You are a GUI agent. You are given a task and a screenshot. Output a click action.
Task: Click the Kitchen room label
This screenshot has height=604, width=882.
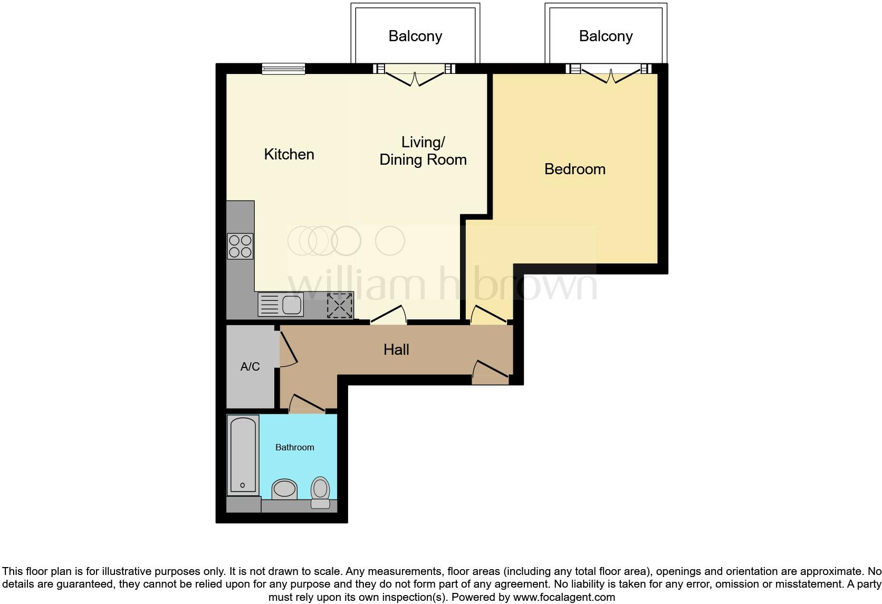[x=289, y=154]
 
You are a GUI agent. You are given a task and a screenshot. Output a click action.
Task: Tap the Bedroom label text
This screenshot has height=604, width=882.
[x=574, y=169]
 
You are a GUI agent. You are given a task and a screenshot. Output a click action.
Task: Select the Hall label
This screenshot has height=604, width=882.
[x=396, y=350]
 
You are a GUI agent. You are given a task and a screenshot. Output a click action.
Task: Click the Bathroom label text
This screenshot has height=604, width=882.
[x=294, y=447]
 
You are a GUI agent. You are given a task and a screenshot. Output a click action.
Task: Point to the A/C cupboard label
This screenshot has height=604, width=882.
[x=250, y=366]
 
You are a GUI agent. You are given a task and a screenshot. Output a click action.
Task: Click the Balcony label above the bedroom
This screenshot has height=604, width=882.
[x=606, y=36]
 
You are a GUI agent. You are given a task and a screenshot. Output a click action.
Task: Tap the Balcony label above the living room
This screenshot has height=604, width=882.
[x=415, y=36]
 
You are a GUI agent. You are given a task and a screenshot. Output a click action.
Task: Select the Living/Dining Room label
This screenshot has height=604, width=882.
[x=423, y=151]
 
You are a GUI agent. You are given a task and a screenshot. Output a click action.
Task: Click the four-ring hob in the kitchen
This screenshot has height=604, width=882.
[x=240, y=246]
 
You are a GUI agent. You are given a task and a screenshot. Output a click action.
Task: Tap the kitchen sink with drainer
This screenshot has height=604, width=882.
[x=281, y=305]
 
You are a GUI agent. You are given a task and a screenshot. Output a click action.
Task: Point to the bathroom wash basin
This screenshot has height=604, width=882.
[x=284, y=488]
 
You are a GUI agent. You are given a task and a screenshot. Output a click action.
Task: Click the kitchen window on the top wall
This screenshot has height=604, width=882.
[x=284, y=68]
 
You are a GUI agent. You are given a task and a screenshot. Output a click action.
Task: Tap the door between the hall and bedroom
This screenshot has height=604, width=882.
[x=489, y=315]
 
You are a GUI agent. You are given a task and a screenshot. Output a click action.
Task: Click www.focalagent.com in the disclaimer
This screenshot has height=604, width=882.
[x=563, y=597]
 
